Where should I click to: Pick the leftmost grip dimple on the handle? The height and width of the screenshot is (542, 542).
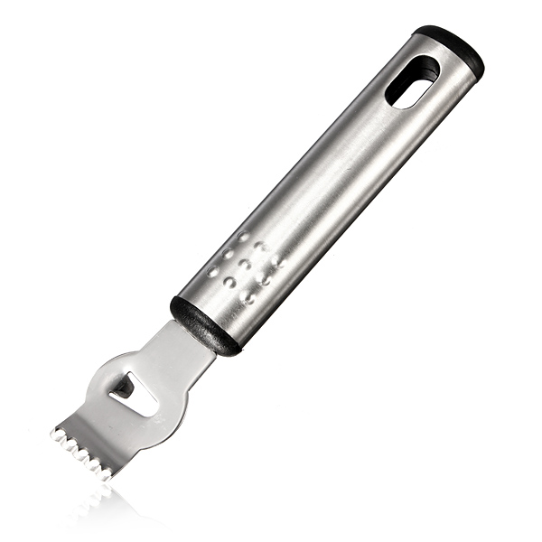[x=212, y=270]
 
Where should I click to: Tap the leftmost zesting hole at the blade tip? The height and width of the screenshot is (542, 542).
[x=61, y=437]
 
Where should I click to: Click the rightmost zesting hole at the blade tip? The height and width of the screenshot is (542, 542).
[x=107, y=472]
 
